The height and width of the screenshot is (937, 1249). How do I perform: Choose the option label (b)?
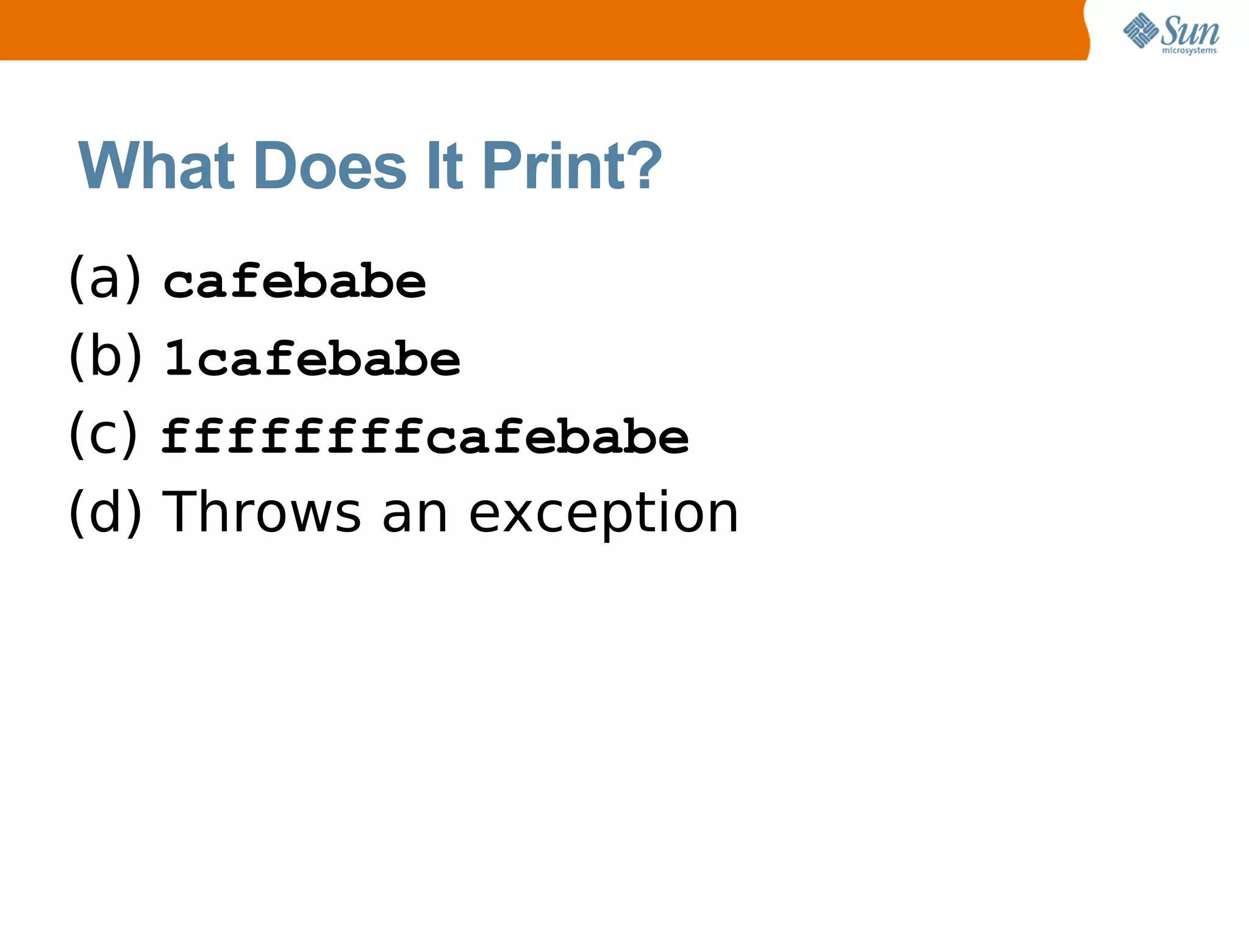click(x=105, y=356)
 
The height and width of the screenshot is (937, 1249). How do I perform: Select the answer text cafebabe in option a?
click(x=295, y=282)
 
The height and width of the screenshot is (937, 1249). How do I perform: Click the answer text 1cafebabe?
click(x=312, y=359)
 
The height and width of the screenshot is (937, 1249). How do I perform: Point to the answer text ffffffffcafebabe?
click(x=425, y=436)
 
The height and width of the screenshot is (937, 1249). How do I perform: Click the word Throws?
click(x=262, y=512)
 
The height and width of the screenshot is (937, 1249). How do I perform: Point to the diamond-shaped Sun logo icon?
click(x=1140, y=31)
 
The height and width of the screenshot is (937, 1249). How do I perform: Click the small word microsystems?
click(x=1189, y=51)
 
